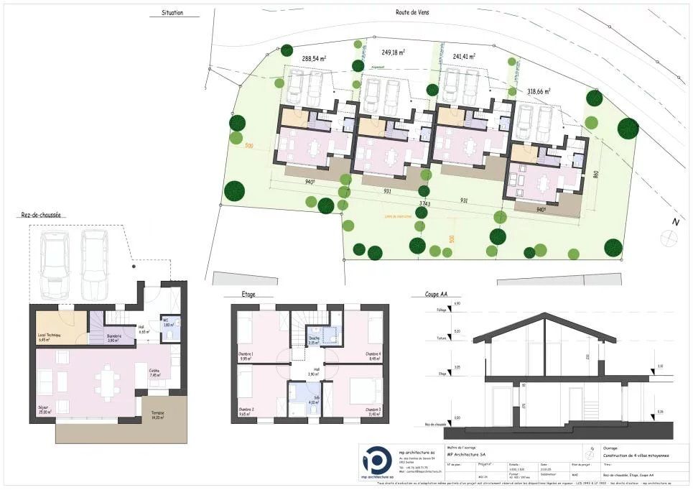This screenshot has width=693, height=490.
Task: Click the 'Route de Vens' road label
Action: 412,12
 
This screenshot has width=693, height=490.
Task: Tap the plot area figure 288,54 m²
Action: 315,58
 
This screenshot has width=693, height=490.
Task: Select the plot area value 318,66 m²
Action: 538,91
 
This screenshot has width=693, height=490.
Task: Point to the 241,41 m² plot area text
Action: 464,55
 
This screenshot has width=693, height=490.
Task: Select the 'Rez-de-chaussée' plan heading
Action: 42,214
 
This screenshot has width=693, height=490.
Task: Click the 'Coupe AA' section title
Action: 426,295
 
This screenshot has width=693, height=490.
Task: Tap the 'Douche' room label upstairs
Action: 314,340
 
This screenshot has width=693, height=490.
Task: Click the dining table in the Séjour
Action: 108,381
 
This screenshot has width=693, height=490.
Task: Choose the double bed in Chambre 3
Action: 366,392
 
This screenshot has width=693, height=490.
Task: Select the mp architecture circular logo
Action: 378,461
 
